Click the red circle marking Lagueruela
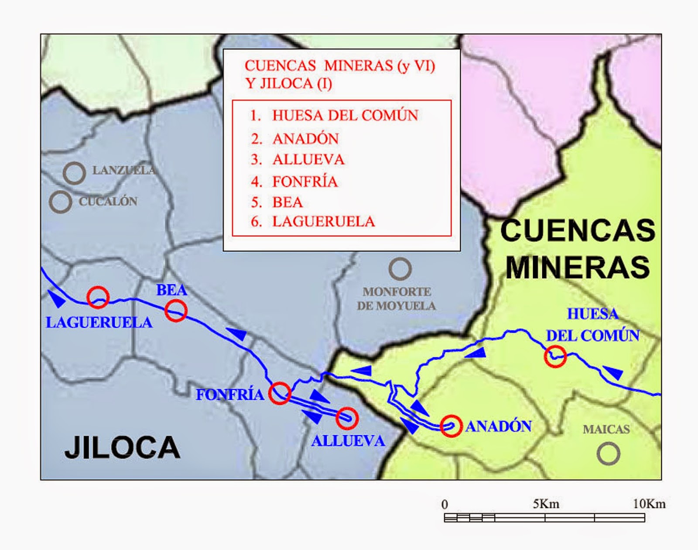tap(98, 297)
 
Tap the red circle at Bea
tap(176, 311)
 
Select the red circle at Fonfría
tap(280, 393)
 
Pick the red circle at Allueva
tap(347, 418)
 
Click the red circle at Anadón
tap(451, 426)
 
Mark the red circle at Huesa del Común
tap(555, 356)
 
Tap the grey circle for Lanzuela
tap(74, 173)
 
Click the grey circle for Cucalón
tap(60, 202)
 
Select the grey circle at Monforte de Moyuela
tap(400, 269)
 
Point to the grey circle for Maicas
tap(608, 454)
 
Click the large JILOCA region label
tap(123, 448)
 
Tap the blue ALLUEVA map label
tap(348, 441)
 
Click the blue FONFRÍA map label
tap(230, 395)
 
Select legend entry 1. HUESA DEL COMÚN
tap(334, 116)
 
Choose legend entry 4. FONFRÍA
tap(294, 182)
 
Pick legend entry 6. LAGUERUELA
tap(312, 222)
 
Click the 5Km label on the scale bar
tap(546, 504)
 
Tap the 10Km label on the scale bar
tap(649, 504)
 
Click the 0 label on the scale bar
tap(445, 505)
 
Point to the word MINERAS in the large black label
tap(578, 267)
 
